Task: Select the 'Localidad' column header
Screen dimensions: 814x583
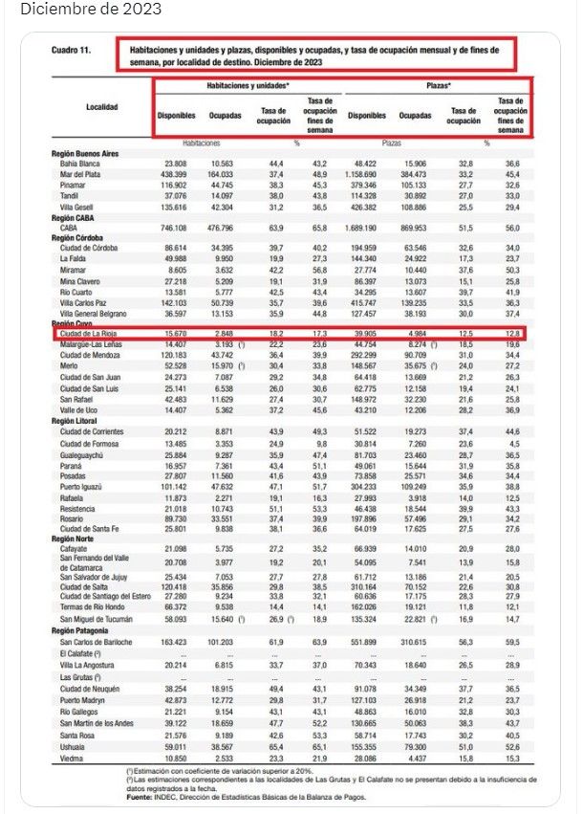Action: (x=102, y=107)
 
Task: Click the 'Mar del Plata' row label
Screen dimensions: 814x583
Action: (x=82, y=174)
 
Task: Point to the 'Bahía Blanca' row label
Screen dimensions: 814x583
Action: (x=80, y=165)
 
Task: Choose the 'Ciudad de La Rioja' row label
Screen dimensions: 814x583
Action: (x=92, y=332)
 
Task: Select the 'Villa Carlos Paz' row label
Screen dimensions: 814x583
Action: (x=85, y=302)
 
